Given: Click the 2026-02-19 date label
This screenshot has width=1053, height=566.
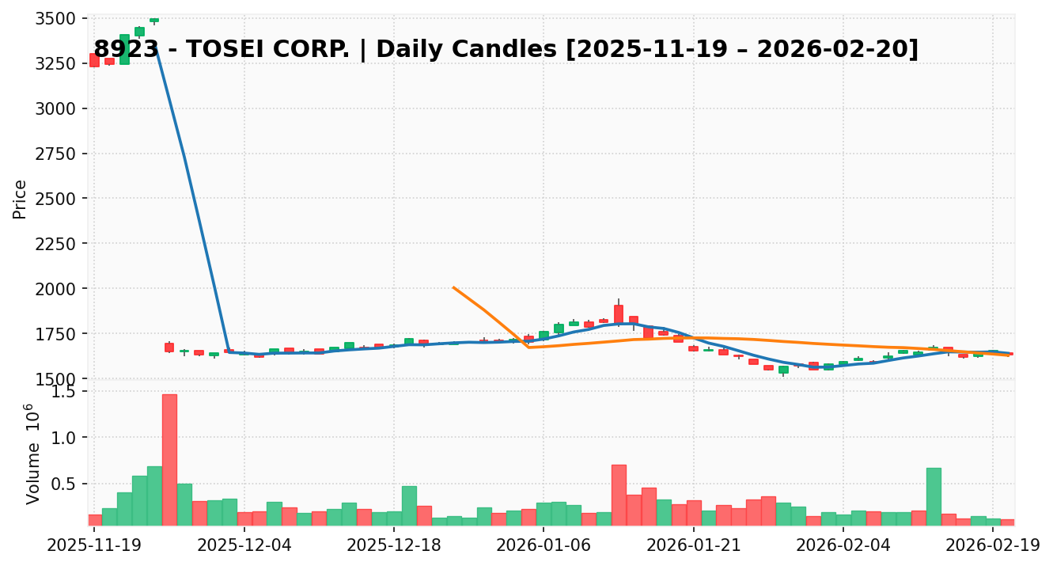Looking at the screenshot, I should [993, 545].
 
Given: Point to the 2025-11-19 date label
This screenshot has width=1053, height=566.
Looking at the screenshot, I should [94, 545].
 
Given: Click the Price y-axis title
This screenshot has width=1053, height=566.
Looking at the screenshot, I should [21, 199].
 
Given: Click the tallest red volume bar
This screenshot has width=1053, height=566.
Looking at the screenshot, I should [169, 459].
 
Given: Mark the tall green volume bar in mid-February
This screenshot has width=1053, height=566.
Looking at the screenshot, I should [934, 496].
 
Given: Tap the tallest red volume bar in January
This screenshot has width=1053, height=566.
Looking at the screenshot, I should [619, 495].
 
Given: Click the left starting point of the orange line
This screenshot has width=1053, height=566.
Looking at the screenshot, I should [453, 287].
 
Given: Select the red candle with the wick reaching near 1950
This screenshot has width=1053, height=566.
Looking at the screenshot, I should [618, 313].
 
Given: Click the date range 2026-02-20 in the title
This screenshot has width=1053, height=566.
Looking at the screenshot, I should [837, 49].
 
